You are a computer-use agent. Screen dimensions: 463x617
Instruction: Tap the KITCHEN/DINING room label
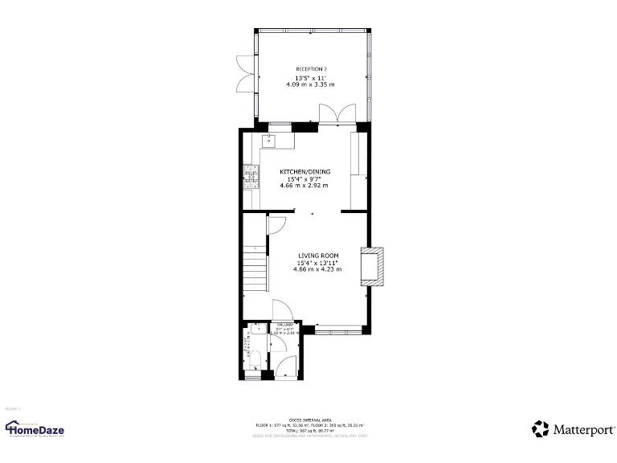[x=304, y=171]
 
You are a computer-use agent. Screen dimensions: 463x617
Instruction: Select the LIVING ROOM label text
[x=317, y=256]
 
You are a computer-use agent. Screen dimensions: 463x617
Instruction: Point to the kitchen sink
[x=271, y=141]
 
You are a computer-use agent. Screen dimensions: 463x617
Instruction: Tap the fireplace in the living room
[x=372, y=267]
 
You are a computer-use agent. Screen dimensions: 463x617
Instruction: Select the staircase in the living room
[x=255, y=261]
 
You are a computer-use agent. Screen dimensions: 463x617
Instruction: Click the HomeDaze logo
[x=35, y=428]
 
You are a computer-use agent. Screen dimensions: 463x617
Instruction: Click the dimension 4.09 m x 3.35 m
[x=310, y=84]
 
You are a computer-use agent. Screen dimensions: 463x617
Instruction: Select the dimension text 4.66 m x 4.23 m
[x=317, y=269]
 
